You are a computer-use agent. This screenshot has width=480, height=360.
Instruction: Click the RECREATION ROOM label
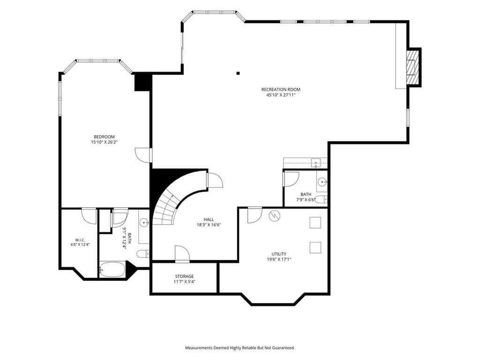(281, 90)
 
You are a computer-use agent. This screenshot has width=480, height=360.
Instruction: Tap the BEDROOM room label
(104, 137)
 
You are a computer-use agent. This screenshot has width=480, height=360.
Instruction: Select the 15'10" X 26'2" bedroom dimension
(104, 142)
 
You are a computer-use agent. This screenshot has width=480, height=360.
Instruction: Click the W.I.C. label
(80, 240)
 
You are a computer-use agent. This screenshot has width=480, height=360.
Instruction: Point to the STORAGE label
(184, 277)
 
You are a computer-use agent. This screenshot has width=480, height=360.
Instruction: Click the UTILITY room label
(279, 254)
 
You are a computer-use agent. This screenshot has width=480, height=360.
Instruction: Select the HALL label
(209, 219)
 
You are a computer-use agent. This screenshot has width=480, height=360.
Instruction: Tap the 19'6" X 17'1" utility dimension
(279, 259)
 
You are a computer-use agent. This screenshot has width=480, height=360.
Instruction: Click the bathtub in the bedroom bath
(112, 270)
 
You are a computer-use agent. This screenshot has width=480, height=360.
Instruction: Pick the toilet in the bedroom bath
(143, 254)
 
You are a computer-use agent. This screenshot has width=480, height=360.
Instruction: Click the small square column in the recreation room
(238, 73)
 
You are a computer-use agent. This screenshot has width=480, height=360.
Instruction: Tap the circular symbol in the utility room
(274, 216)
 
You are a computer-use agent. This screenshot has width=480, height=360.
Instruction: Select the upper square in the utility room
(315, 223)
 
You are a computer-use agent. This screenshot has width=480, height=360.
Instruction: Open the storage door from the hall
(182, 254)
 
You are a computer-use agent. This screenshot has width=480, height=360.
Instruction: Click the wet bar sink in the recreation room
(315, 163)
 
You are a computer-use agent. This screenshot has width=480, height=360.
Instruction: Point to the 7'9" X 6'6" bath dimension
(306, 200)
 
